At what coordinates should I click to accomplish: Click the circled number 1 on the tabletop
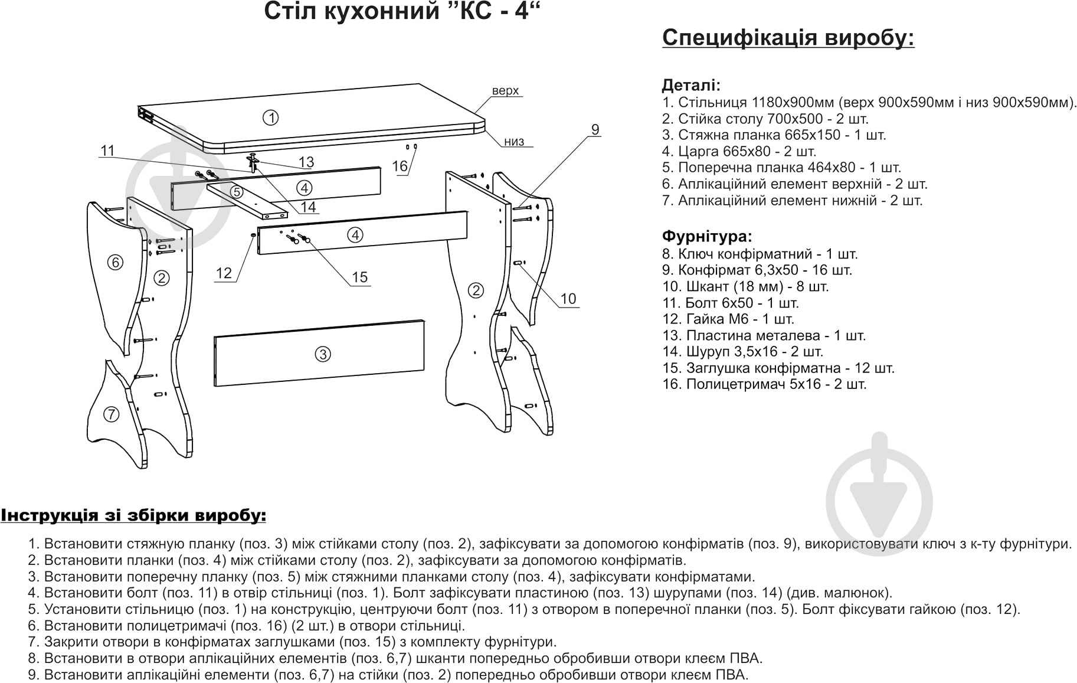[270, 118]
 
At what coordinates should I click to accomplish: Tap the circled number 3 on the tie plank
[322, 354]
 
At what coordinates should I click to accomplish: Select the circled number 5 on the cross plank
[236, 192]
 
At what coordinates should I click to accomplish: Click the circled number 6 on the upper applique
[116, 262]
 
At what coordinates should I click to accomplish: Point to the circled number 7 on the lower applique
[111, 414]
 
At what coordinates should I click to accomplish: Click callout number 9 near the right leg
[595, 129]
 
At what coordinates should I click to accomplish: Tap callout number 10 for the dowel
[568, 299]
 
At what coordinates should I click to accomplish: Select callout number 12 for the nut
[224, 273]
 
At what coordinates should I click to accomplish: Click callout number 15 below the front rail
[359, 277]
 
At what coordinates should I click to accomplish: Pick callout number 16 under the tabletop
[400, 166]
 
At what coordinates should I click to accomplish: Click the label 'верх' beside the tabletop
[505, 91]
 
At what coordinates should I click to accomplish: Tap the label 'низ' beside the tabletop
[514, 142]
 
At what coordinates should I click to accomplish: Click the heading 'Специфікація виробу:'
[788, 37]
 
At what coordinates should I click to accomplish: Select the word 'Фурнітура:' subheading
[707, 237]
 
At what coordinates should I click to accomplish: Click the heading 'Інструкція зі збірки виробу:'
[133, 515]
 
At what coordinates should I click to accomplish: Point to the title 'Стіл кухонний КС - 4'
[402, 11]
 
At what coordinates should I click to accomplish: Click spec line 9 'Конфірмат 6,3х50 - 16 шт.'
[758, 270]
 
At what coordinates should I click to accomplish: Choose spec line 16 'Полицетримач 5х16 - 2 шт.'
[765, 384]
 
